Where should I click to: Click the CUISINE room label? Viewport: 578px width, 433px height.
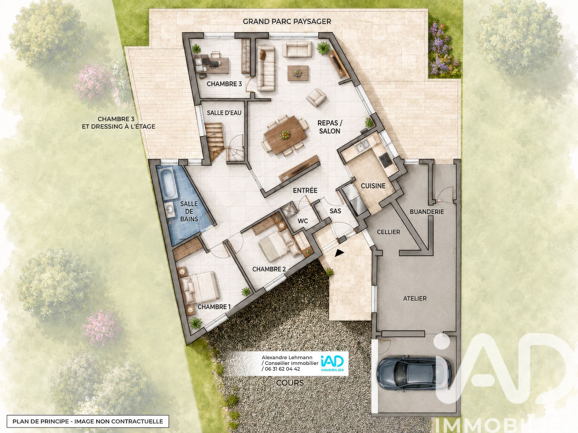[x=373, y=186]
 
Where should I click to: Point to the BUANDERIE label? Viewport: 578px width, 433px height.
[x=427, y=212]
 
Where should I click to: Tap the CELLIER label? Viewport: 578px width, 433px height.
[x=388, y=232]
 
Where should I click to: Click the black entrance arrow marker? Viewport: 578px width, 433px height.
[x=339, y=253]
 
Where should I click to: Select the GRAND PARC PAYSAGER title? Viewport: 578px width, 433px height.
[x=287, y=21]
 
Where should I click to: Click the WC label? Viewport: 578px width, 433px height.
[x=303, y=221]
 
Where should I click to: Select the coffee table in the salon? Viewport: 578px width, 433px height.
[x=298, y=73]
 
